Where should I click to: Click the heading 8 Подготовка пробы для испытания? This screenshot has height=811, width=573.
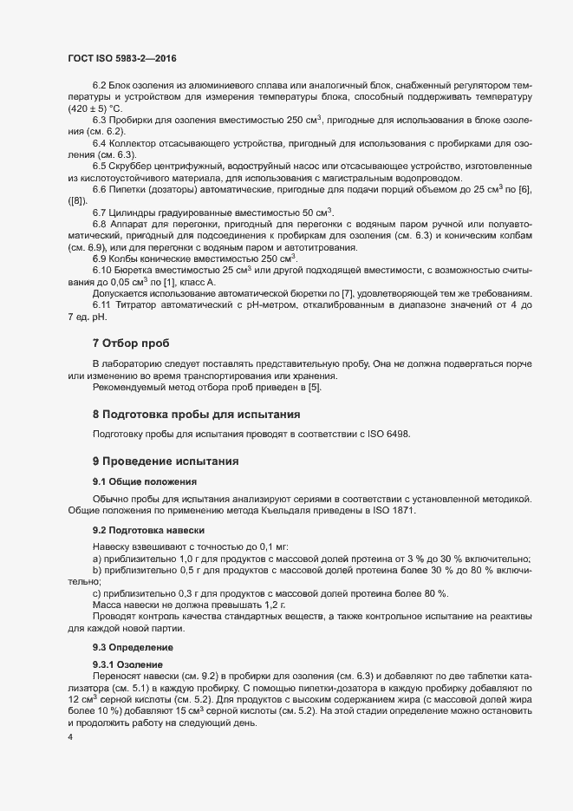coord(196,415)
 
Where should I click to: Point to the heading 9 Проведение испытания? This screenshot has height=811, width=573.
coord(165,461)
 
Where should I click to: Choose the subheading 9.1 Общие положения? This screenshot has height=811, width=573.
coord(144,481)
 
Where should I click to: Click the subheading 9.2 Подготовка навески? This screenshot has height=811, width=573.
coord(148,529)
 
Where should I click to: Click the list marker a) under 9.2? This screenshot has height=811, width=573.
coord(97,559)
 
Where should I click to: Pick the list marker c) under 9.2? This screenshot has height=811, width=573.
coord(97,592)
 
